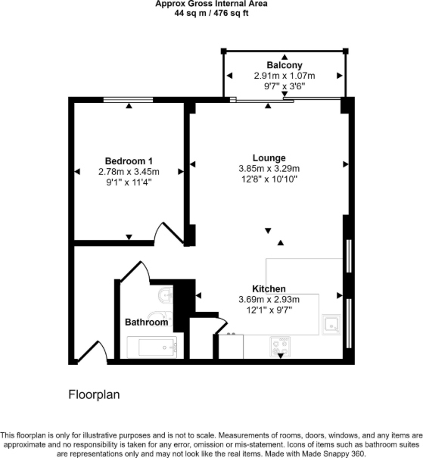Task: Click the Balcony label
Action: pos(285,66)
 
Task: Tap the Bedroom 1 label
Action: pos(129,161)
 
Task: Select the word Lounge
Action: pos(269,157)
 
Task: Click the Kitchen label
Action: pos(269,289)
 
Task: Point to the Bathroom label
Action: pos(146,322)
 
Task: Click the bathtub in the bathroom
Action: pos(151,347)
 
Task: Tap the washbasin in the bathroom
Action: pos(166,295)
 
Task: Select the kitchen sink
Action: pos(331,325)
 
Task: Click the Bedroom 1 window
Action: pos(129,99)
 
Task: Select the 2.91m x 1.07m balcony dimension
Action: pos(285,76)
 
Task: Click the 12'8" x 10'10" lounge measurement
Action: pos(269,179)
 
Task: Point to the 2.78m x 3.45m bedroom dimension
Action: pos(129,173)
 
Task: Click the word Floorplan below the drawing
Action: pos(95,394)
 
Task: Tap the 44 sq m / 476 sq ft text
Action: pos(211,13)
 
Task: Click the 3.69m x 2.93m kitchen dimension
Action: pos(269,300)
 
